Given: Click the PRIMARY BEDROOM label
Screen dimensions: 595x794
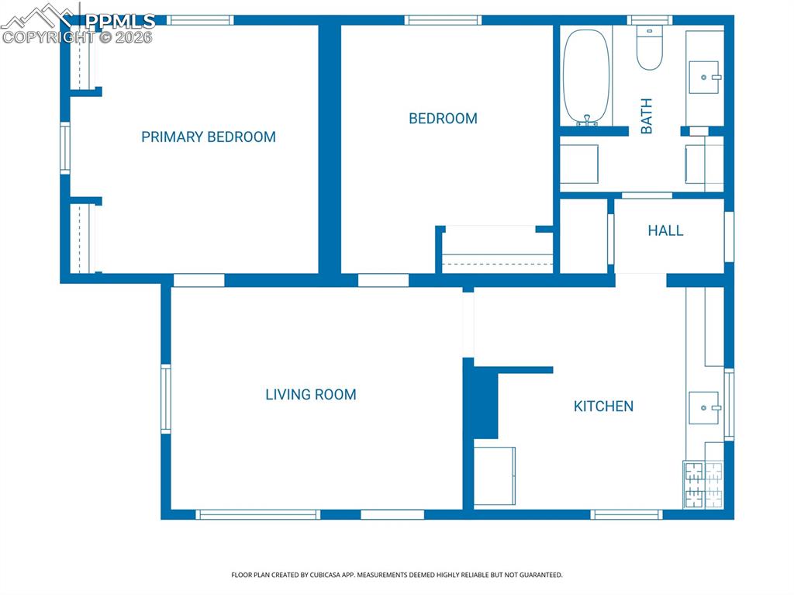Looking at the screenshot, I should pyautogui.click(x=208, y=137).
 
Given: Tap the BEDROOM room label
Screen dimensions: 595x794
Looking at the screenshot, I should pyautogui.click(x=443, y=119).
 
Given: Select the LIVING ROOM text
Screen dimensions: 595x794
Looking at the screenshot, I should pyautogui.click(x=310, y=395).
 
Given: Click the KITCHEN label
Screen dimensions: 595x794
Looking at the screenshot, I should pyautogui.click(x=603, y=406).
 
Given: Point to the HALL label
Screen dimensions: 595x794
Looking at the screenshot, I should pyautogui.click(x=665, y=230).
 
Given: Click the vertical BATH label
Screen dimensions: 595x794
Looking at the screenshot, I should pyautogui.click(x=646, y=116).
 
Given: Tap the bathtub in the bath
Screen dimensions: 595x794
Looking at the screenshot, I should pyautogui.click(x=587, y=76).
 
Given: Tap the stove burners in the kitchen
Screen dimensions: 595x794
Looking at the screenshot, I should pyautogui.click(x=703, y=486).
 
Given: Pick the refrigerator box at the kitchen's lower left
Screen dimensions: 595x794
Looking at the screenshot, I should pyautogui.click(x=495, y=476).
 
